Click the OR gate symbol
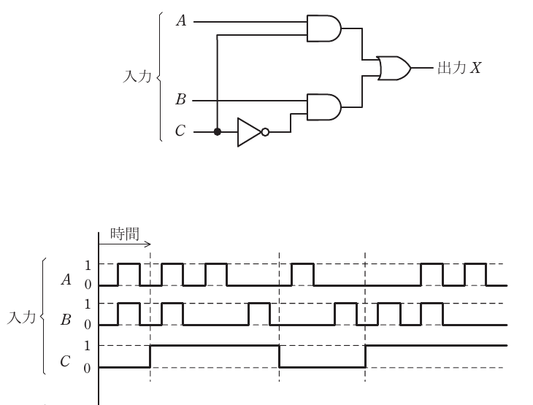[394, 69]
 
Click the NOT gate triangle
[250, 132]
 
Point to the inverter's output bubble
[265, 132]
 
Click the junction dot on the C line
[217, 132]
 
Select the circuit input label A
[182, 20]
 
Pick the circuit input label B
[181, 99]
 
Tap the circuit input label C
[180, 131]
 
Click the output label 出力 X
[459, 68]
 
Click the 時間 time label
[125, 234]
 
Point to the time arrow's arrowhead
[148, 244]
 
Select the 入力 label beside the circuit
[137, 76]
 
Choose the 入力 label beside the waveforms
[21, 317]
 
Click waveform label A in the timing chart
[66, 279]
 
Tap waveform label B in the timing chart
[66, 320]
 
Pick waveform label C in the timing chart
[65, 361]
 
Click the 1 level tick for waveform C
[88, 346]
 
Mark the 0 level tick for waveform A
[88, 285]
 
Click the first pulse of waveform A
[129, 263]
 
